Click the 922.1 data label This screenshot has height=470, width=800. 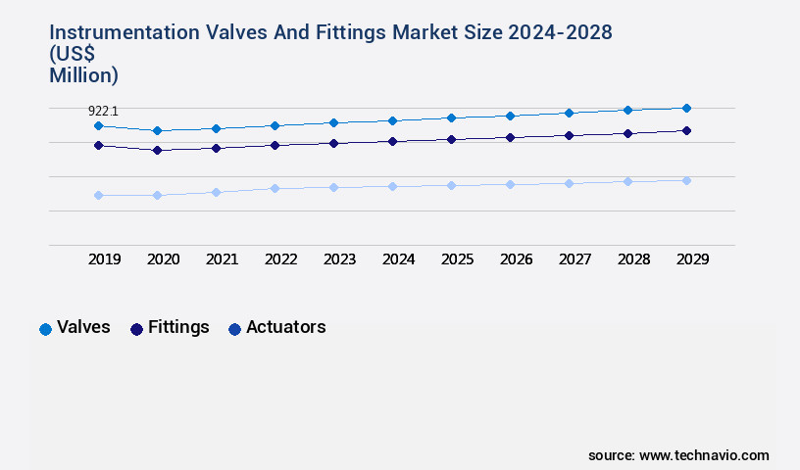coord(104,112)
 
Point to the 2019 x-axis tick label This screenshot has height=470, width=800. coord(104,259)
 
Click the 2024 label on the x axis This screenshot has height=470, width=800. coord(398,259)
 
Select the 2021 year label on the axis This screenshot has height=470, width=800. coord(222,259)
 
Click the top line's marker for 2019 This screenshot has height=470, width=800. coord(98,125)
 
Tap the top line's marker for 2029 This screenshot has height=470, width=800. coord(686,108)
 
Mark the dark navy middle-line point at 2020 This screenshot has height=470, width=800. coord(157,150)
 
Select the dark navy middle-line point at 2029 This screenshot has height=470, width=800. coord(686,130)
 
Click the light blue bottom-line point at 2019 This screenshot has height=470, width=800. coord(98,195)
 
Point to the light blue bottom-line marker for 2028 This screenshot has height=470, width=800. coord(627,181)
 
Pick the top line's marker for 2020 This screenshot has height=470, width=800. coord(157,130)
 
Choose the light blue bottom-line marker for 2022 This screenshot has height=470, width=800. coord(275,188)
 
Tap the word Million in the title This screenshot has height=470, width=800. coord(83,74)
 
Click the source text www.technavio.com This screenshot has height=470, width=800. coord(704,455)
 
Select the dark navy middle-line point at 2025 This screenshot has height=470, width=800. coord(451,139)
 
